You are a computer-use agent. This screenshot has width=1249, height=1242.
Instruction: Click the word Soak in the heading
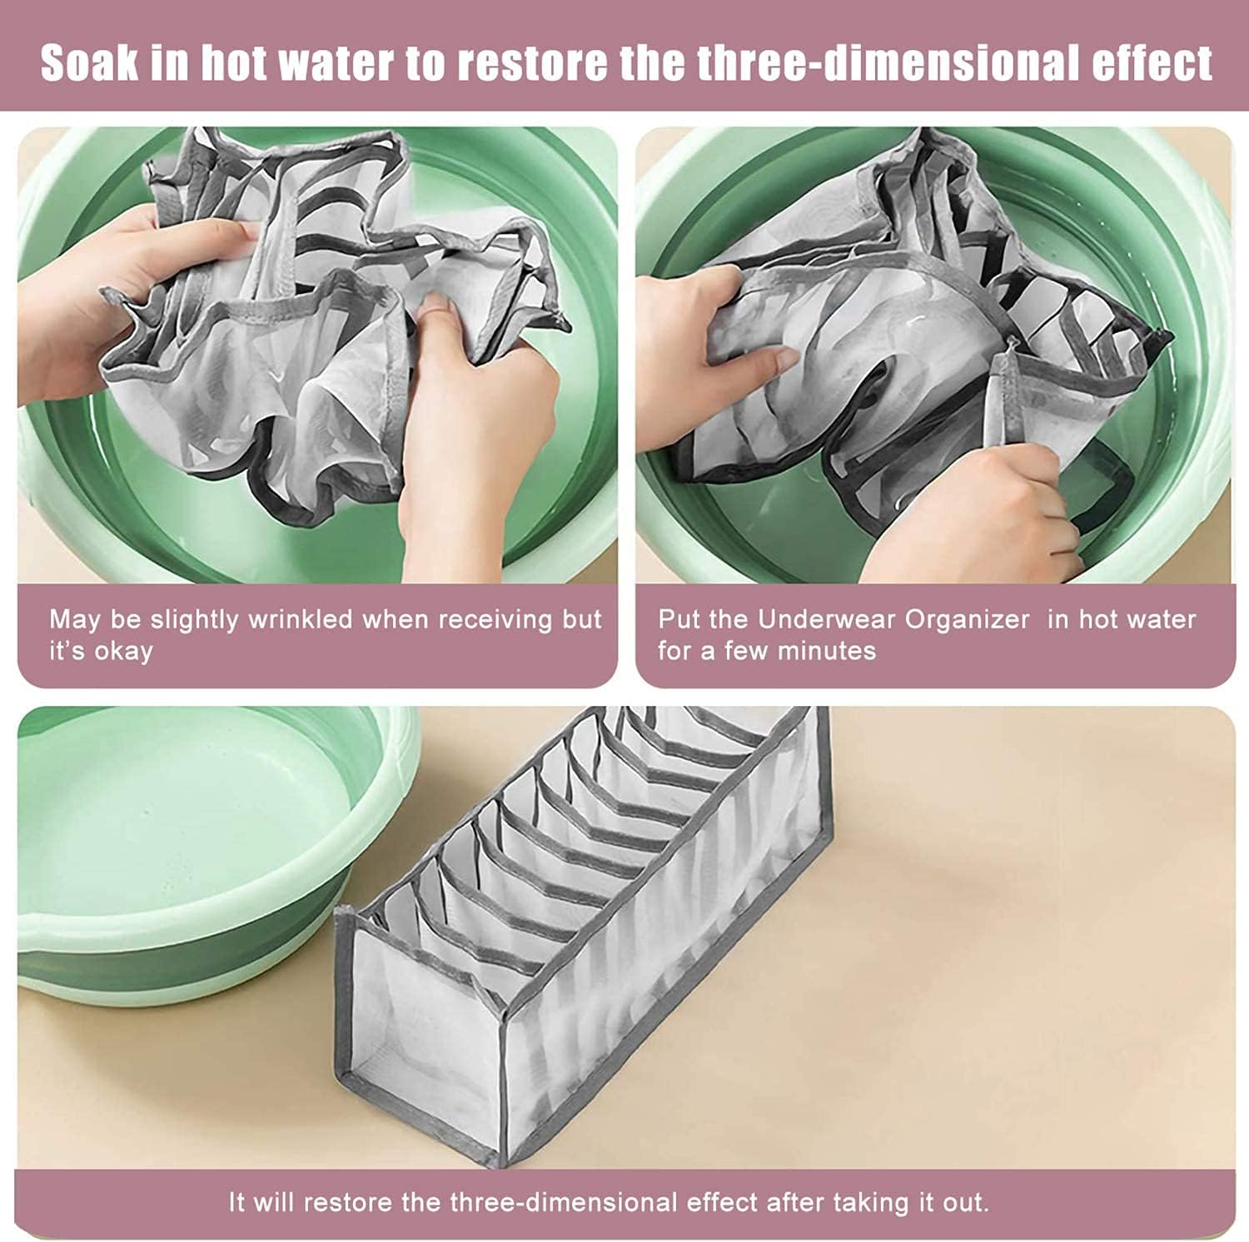pos(89,62)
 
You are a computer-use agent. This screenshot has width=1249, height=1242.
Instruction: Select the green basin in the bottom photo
pos(208,849)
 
